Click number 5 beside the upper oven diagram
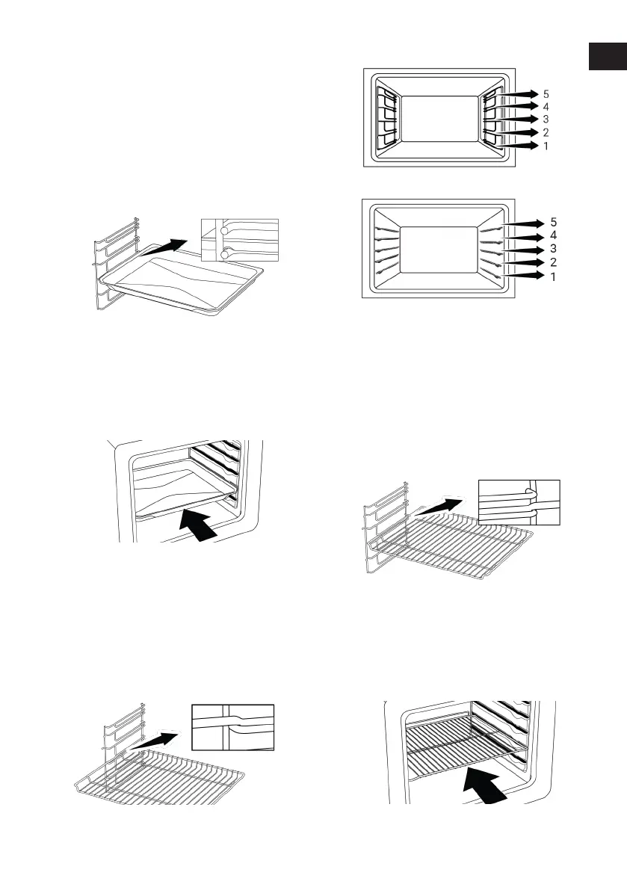coord(546,94)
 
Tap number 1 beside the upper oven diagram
coord(546,146)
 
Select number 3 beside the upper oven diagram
coord(546,120)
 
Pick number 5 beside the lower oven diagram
coord(554,223)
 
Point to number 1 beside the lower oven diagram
coord(554,276)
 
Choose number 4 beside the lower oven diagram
coord(554,236)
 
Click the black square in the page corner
coord(607,57)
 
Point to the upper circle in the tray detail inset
coord(224,232)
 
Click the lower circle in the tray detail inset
coord(225,256)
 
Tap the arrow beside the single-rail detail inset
coord(155,744)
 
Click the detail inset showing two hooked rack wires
coord(519,501)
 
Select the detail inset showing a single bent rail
coord(233,726)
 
